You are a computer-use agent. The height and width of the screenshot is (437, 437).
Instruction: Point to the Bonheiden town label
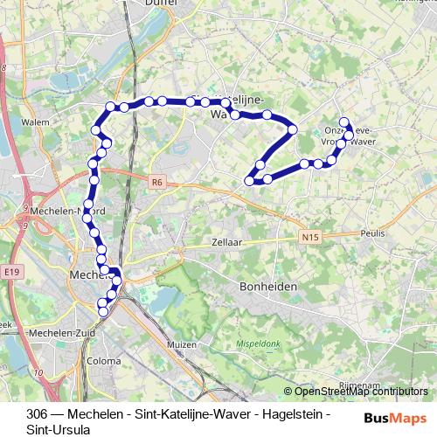(268, 287)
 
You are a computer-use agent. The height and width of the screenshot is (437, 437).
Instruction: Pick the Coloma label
(104, 360)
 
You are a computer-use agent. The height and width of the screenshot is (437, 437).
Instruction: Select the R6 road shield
(156, 183)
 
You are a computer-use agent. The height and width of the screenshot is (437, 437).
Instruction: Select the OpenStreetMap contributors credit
(355, 392)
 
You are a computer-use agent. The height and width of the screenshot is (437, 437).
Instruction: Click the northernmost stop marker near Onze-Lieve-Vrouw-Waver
(344, 123)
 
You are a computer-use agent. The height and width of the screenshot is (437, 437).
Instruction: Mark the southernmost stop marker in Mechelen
(102, 311)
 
